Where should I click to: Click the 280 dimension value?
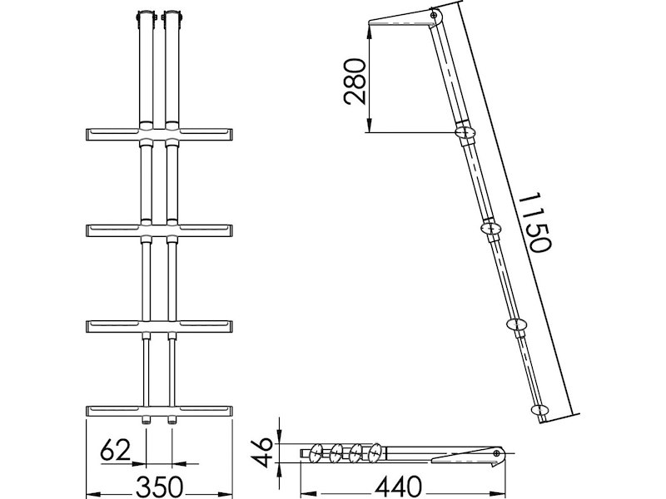(x=355, y=80)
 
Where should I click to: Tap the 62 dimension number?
(x=116, y=452)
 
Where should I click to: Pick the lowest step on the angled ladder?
(x=540, y=409)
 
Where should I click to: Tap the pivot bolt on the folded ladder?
(x=498, y=454)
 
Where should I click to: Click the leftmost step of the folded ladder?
(x=316, y=454)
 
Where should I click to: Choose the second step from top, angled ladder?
(x=492, y=228)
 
